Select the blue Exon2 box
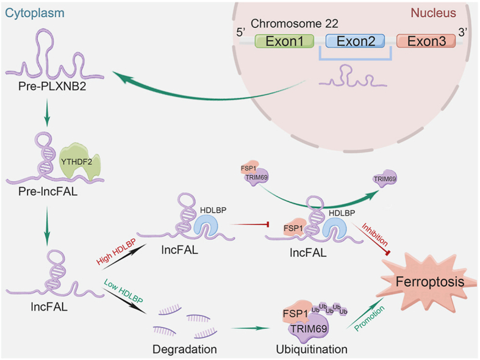(x=355, y=41)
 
